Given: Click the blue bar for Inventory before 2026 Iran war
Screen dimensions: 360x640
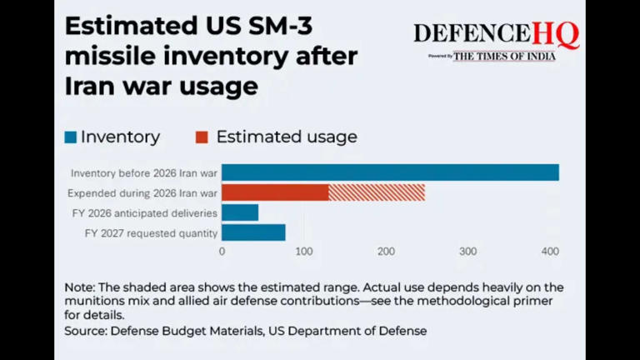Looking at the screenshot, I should [390, 172].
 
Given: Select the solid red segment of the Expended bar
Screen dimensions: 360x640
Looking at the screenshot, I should [275, 192].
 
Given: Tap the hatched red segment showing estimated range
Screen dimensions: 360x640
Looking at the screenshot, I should [377, 192].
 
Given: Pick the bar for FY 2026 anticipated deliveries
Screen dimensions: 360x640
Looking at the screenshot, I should [240, 212].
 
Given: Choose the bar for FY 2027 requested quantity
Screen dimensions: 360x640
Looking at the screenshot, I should [253, 232].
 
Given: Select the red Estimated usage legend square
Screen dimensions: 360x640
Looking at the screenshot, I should [202, 137].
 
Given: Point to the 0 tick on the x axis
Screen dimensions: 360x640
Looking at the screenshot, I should [222, 251].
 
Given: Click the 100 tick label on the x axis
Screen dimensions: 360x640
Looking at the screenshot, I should [303, 251].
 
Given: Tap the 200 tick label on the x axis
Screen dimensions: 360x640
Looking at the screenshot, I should [385, 251].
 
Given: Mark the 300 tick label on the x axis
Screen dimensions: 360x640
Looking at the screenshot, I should [467, 251].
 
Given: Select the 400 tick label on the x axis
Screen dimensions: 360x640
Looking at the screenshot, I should [549, 251].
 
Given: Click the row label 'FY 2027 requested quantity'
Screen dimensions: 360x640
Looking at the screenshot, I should [151, 233].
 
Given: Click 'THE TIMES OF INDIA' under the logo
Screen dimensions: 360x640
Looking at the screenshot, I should [504, 56].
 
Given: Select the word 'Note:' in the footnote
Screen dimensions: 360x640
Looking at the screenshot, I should [80, 287].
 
